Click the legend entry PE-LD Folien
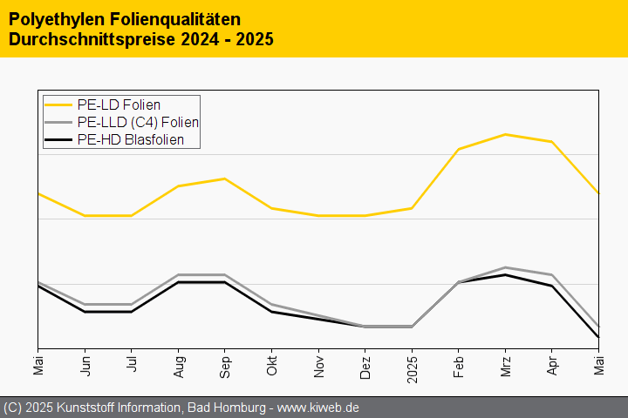[119, 105]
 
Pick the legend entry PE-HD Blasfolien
[130, 139]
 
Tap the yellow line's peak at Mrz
[505, 134]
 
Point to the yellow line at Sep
[225, 179]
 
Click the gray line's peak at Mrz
[505, 267]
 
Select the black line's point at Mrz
[505, 275]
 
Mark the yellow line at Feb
[458, 149]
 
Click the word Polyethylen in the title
[51, 18]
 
